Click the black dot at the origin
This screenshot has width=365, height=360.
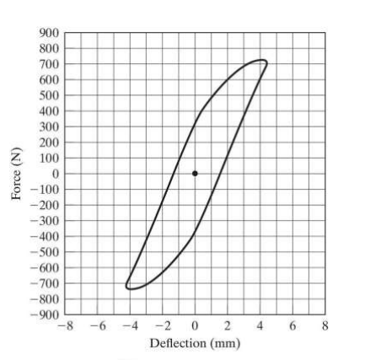[x=195, y=174]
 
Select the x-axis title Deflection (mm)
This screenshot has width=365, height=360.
[x=195, y=343]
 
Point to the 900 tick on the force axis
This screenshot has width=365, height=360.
[x=50, y=33]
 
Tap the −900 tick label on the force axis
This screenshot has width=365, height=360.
[x=46, y=315]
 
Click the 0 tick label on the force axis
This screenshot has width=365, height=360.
[x=55, y=174]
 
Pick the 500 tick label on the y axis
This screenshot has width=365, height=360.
[x=50, y=95]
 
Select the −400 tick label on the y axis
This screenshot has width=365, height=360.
[x=46, y=237]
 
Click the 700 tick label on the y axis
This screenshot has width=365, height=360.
[x=50, y=64]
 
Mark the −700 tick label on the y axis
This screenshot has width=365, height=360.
[x=46, y=284]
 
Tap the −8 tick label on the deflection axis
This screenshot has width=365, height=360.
[x=64, y=325]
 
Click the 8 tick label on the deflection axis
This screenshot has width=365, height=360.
[x=325, y=325]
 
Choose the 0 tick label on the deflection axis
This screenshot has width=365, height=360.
[x=195, y=325]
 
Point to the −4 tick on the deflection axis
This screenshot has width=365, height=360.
[x=129, y=325]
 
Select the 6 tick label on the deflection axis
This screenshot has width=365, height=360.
[x=293, y=325]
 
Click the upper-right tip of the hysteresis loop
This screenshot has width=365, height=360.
[x=266, y=62]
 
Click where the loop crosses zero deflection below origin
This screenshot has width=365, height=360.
[x=195, y=234]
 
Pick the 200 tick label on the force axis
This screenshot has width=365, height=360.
[x=50, y=142]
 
